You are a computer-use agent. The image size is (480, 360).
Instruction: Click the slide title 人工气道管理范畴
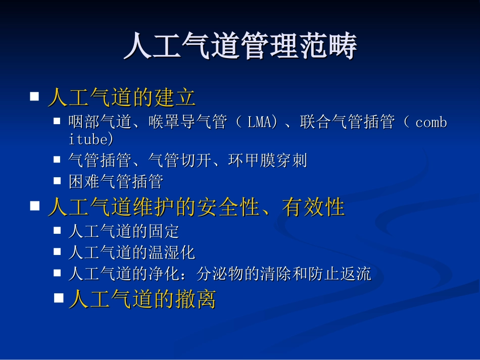coord(240,47)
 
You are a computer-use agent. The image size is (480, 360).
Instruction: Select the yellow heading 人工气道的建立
coord(121,97)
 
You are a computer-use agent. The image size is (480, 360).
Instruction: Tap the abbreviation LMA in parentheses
coord(260,123)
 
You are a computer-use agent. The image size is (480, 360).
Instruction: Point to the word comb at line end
coord(431,123)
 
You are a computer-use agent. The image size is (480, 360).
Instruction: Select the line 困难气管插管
coord(116,181)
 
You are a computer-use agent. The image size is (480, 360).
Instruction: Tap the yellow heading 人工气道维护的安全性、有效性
coord(196,207)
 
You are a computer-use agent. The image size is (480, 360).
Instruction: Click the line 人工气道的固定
coord(124,232)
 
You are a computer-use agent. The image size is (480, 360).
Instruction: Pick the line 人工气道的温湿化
coord(131,252)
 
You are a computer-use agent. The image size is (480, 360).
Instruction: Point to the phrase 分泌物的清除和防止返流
coord(284,274)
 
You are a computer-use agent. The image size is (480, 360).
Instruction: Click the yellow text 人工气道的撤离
coord(142,299)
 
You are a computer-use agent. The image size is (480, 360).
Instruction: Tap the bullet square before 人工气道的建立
coord(35,96)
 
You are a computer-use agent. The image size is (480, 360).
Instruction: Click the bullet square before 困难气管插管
coord(57,180)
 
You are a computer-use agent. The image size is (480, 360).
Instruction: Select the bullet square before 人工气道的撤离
coord(59,297)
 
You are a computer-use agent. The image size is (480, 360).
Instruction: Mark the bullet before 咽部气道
coord(57,121)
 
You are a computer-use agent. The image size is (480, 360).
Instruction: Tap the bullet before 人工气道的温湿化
coord(57,251)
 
